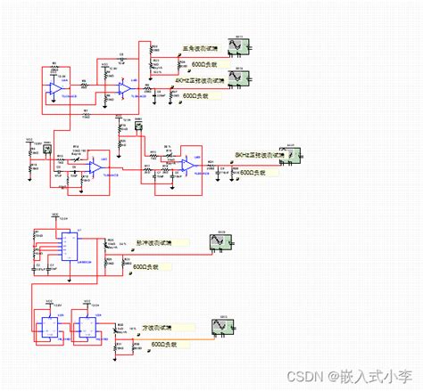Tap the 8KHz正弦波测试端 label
(x=260, y=154)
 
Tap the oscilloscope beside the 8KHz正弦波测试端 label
(x=291, y=153)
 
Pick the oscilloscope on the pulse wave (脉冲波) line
(x=218, y=240)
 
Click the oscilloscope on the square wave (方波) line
(x=218, y=326)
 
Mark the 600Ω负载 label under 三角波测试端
(x=208, y=64)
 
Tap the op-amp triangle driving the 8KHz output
(x=189, y=165)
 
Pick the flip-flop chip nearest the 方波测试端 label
(x=88, y=326)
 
